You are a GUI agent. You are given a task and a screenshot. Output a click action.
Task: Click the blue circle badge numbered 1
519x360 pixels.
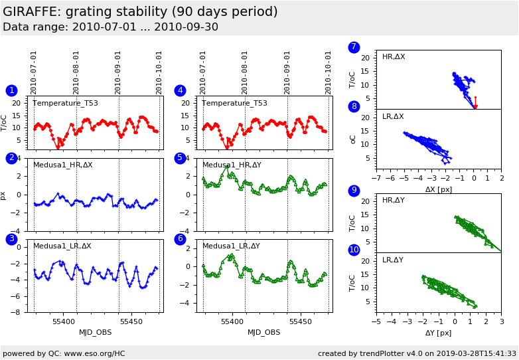click(11, 90)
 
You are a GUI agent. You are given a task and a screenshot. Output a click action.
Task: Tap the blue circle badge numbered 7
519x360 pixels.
click(354, 47)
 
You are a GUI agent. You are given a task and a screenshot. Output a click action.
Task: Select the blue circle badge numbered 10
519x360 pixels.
click(354, 250)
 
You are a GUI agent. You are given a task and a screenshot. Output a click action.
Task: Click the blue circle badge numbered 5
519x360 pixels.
click(180, 158)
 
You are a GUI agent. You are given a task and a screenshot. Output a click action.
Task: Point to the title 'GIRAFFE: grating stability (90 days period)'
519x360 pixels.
click(140, 12)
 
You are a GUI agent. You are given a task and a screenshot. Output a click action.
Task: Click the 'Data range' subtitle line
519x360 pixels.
click(110, 27)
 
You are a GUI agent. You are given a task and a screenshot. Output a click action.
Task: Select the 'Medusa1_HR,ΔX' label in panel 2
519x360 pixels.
click(63, 165)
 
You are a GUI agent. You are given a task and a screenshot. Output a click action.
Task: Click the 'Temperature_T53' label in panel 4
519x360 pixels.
click(234, 103)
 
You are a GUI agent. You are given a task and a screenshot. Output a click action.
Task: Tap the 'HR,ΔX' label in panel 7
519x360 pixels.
click(394, 57)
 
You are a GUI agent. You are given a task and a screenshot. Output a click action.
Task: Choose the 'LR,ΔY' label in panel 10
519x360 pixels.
click(393, 260)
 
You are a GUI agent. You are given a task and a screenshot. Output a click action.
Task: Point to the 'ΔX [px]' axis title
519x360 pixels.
click(439, 189)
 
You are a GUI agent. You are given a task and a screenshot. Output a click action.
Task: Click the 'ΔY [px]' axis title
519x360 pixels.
click(438, 333)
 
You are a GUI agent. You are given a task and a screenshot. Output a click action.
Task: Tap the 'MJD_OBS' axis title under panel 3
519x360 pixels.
click(96, 332)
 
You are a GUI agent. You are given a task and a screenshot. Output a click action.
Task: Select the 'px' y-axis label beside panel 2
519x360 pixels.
click(3, 195)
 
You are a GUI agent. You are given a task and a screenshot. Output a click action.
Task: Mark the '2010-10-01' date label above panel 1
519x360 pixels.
click(159, 72)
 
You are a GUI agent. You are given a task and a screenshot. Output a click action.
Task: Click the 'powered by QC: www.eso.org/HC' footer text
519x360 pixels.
click(64, 353)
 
